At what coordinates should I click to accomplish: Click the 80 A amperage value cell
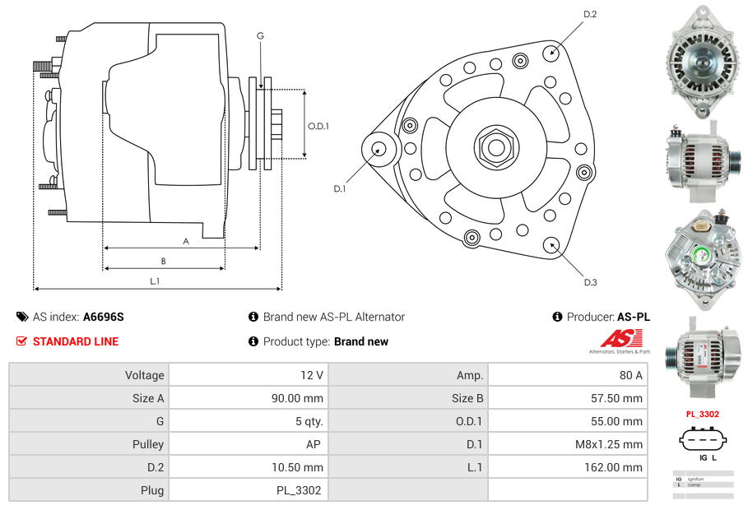click(630, 375)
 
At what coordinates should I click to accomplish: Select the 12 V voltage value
click(311, 375)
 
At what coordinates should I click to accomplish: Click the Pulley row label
click(147, 444)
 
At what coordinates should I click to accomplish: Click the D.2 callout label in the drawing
click(590, 14)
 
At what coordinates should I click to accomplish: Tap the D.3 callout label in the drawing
click(590, 282)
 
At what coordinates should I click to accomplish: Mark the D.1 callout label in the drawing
click(339, 188)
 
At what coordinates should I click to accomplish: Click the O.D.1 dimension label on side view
click(318, 126)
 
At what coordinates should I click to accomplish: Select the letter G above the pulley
click(260, 35)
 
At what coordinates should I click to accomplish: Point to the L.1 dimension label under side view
click(155, 281)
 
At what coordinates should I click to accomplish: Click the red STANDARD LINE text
click(76, 341)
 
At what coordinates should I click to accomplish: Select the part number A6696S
click(104, 317)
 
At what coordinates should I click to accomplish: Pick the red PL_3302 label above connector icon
click(703, 415)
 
